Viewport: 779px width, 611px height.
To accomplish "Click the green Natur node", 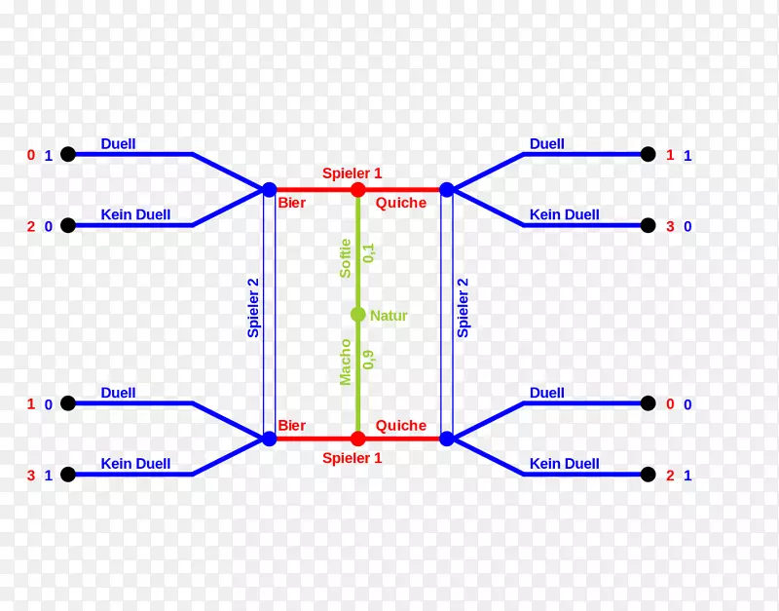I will point(357,315).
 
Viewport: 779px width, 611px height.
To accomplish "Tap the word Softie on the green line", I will point(345,258).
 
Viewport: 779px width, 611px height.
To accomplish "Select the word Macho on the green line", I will point(345,363).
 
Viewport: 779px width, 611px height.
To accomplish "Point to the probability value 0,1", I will point(369,252).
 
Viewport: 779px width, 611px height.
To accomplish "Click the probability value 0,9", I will point(369,359).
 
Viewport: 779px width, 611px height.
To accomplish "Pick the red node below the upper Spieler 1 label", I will point(357,189).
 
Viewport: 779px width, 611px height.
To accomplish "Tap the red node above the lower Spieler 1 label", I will point(357,439).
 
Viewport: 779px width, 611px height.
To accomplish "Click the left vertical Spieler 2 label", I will point(253,308).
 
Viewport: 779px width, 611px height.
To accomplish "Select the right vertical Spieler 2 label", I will point(463,308).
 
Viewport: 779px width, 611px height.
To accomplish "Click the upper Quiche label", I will point(401,203).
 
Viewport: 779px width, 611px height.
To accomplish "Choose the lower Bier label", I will point(291,425).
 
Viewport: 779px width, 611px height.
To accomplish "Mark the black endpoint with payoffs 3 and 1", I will point(68,475).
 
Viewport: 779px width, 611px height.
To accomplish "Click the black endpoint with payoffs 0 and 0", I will point(648,403).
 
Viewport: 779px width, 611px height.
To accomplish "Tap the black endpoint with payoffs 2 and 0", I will point(68,226).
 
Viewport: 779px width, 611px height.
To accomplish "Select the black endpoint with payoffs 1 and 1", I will point(648,154).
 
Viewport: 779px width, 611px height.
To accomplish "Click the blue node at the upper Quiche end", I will point(447,189).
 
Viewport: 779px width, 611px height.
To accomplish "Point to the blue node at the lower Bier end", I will point(269,439).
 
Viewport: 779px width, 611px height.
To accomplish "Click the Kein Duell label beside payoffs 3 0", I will point(564,214).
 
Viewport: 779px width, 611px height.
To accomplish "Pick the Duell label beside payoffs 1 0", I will point(118,393).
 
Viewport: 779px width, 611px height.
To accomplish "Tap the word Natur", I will point(389,316).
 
